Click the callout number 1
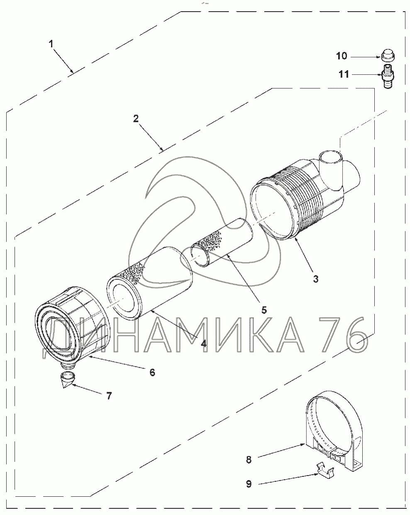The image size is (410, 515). click(x=51, y=44)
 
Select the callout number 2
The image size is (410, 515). click(x=136, y=118)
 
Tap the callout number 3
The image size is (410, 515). click(x=316, y=279)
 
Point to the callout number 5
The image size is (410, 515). click(x=264, y=310)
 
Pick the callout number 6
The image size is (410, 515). click(x=152, y=373)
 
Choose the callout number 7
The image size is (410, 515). click(x=109, y=396)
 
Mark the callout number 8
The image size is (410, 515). click(x=249, y=459)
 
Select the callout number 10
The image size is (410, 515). click(x=342, y=56)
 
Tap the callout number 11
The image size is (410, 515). click(x=344, y=74)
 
